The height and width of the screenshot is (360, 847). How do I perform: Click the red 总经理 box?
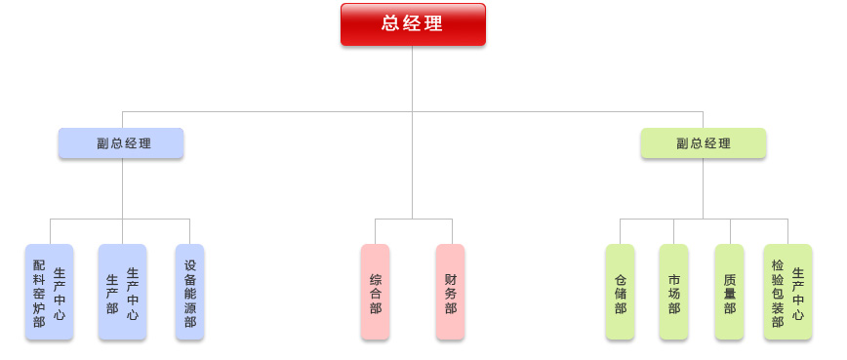point(413,24)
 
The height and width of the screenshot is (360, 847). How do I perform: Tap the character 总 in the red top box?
point(391,24)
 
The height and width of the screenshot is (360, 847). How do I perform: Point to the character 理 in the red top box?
point(434,24)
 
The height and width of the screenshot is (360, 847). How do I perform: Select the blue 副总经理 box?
point(121,143)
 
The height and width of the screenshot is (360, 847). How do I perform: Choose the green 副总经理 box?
point(703,143)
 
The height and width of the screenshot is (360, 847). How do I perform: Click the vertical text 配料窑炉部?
point(39,293)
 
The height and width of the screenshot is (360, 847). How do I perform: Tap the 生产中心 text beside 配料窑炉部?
point(60,293)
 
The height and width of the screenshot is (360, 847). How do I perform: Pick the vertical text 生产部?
point(112,293)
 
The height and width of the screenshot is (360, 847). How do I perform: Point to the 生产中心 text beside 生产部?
point(133,293)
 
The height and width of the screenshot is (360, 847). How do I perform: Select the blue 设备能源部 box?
point(189,293)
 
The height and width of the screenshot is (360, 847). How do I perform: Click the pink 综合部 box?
point(375,293)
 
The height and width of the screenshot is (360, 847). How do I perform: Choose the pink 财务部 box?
point(450,293)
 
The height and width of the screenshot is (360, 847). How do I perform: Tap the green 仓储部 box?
point(620,293)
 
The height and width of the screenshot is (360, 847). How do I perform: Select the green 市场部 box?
point(673,293)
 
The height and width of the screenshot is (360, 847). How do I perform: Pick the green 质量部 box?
point(729,293)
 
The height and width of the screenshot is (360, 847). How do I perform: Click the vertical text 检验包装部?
point(777,293)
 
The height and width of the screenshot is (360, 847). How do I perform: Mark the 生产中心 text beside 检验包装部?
point(798,293)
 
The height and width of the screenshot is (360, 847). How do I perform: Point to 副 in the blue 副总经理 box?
point(102,143)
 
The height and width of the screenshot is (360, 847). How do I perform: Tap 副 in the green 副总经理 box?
point(682,143)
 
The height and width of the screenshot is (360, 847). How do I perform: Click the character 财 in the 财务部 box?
point(450,278)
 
